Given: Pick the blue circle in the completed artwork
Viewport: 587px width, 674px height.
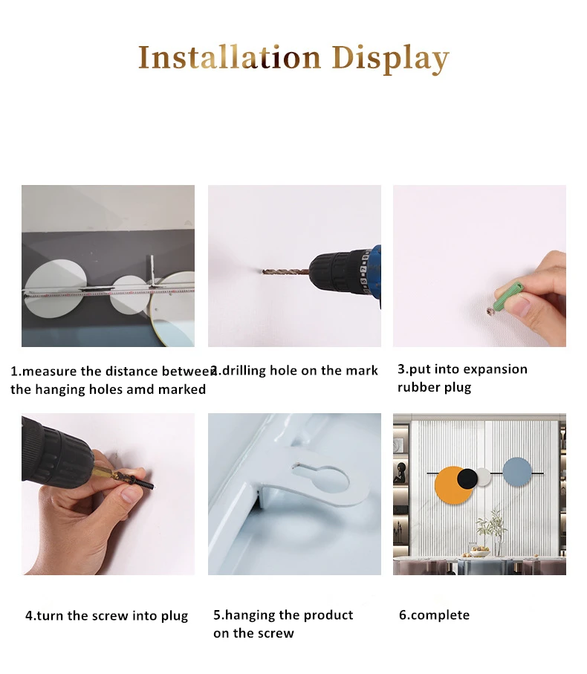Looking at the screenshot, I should (x=517, y=473).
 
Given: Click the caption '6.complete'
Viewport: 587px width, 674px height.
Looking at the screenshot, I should (x=434, y=615).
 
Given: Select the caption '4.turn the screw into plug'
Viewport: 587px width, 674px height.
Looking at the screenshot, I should (x=106, y=616).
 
